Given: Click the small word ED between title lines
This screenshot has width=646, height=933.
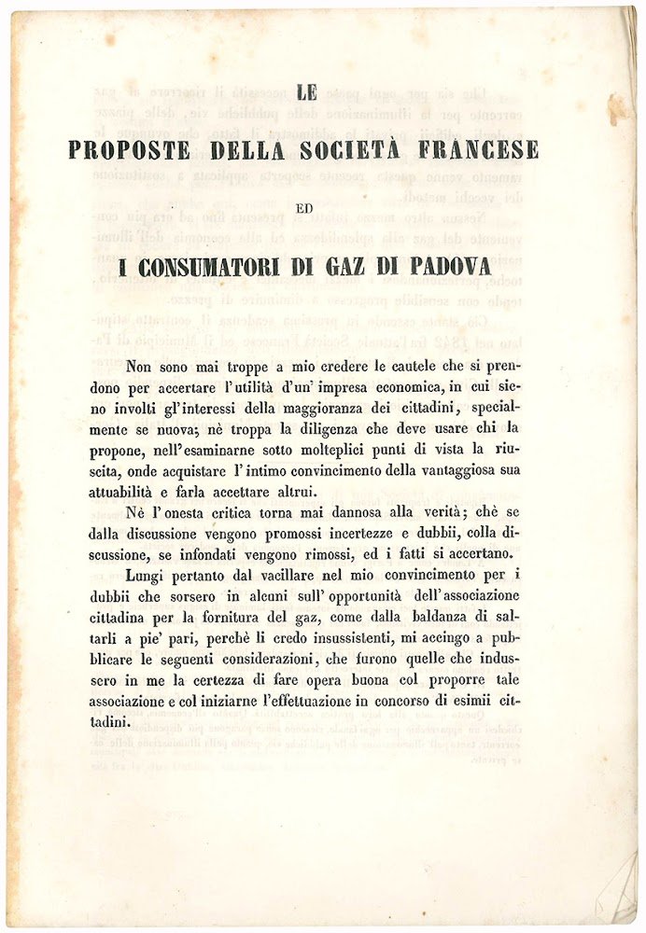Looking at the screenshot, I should point(304,209).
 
